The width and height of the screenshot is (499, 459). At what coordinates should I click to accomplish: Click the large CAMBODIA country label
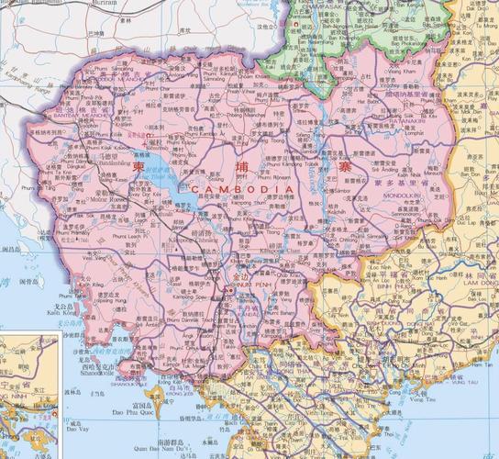(243, 188)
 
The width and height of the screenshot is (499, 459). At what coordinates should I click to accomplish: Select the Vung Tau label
(425, 399)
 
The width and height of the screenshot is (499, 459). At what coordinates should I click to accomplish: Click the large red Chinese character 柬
(139, 169)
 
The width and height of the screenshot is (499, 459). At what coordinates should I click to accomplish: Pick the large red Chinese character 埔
(242, 167)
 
